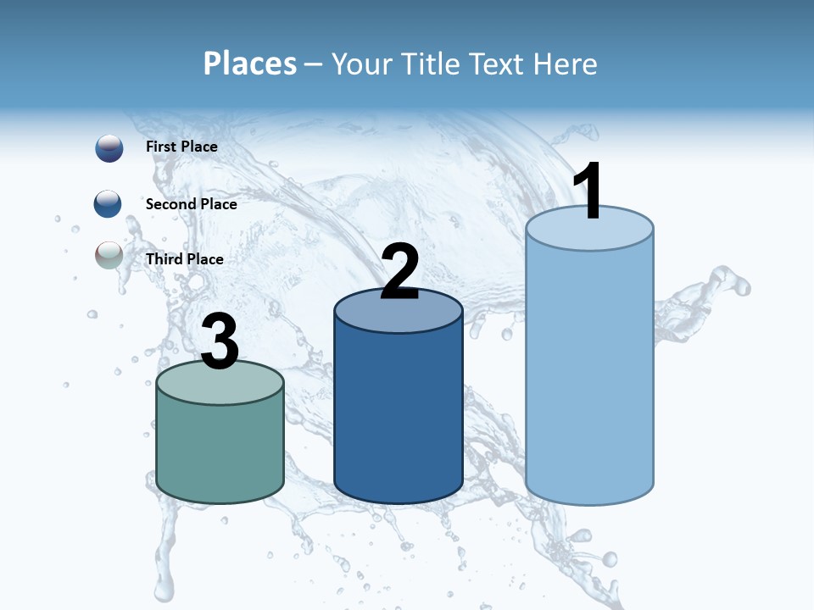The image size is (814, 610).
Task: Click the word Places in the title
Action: click(249, 64)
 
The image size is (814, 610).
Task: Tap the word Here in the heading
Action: click(566, 64)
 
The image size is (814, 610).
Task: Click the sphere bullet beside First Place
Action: click(109, 148)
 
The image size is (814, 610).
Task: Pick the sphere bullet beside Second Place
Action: click(108, 204)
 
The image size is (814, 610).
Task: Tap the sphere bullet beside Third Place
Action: click(109, 256)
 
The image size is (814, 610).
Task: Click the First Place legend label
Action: click(181, 147)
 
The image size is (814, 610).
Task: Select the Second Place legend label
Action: click(191, 204)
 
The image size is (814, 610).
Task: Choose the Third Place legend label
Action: click(184, 259)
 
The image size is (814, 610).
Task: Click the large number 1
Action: click(588, 191)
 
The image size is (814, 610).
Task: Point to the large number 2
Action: click(399, 272)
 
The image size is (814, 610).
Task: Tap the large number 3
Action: click(220, 342)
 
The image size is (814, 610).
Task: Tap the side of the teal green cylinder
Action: click(220, 449)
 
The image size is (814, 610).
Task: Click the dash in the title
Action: click(315, 64)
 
